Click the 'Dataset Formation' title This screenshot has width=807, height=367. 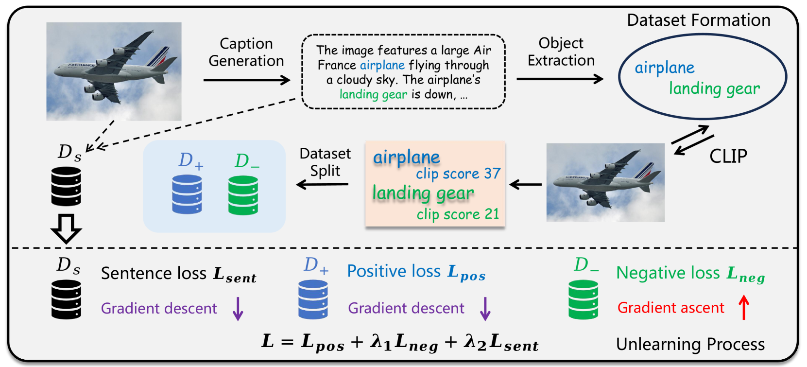(698, 20)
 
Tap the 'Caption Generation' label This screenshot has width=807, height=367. (246, 52)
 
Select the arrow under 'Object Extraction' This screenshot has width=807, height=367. (560, 79)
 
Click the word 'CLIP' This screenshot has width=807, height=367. (728, 156)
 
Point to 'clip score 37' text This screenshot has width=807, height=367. (458, 174)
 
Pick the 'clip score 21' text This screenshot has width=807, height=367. (458, 214)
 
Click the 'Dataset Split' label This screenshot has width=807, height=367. (325, 162)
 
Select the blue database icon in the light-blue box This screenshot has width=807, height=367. (187, 194)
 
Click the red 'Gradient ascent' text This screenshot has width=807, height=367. (670, 308)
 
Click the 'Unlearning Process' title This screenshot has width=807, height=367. (690, 344)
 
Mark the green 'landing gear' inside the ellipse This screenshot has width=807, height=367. (714, 88)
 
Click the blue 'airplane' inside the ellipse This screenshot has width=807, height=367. (665, 68)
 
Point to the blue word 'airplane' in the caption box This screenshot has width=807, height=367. (382, 65)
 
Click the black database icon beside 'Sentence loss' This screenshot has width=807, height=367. (67, 299)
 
